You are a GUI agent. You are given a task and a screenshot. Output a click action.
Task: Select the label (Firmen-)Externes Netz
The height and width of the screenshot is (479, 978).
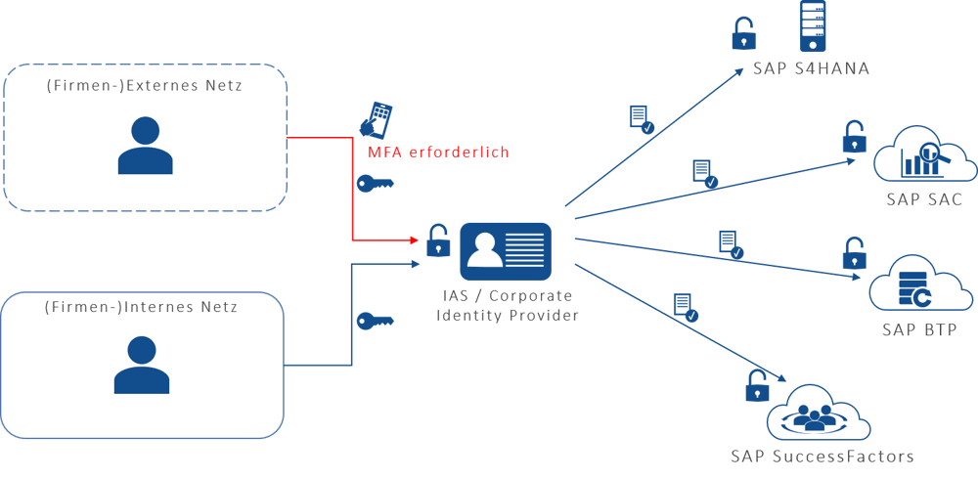point(145,87)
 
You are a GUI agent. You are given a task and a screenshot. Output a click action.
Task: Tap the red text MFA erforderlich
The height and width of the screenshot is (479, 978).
point(437,152)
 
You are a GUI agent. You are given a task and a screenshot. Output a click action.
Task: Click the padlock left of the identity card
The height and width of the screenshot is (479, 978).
point(437,239)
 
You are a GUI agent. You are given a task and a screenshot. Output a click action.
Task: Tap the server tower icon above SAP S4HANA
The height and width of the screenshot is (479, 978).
point(814,27)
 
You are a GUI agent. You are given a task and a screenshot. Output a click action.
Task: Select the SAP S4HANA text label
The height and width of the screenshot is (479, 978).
point(811,69)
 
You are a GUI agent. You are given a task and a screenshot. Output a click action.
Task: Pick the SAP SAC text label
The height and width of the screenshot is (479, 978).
point(924,199)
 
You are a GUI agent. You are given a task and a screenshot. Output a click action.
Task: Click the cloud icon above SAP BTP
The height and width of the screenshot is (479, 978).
point(923,283)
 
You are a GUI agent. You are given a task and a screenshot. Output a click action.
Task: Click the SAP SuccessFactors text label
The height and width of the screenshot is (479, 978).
point(822,457)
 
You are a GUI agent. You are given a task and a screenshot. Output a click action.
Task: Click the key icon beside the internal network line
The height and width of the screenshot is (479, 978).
point(374,321)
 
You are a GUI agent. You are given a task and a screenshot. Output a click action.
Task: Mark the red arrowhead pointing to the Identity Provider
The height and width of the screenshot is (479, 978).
point(412,239)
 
